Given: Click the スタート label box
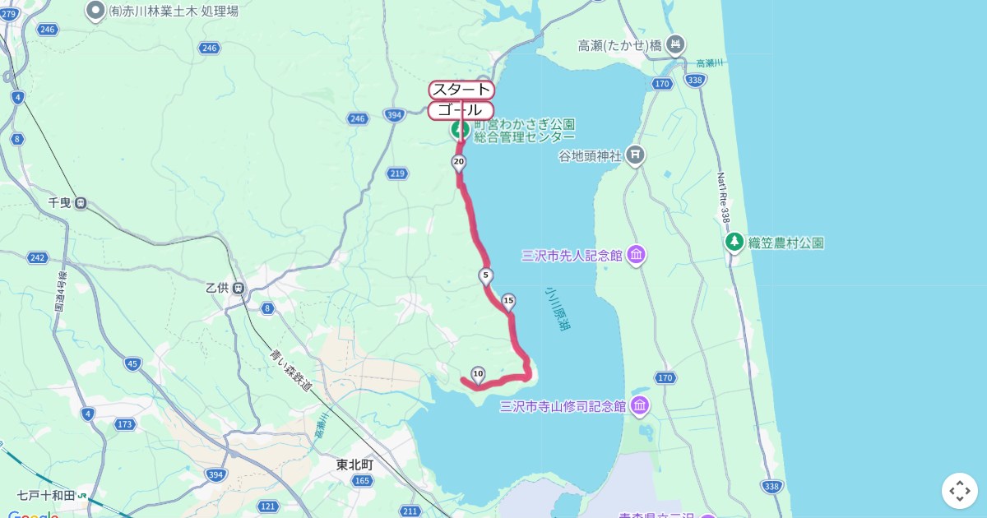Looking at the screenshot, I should [x=461, y=90].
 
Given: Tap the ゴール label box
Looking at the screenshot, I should [x=461, y=110].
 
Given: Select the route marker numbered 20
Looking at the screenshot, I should [x=459, y=162].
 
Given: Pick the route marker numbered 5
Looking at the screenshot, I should [x=486, y=275].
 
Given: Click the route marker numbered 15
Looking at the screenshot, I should [x=508, y=301].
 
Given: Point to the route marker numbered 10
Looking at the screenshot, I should [x=478, y=373].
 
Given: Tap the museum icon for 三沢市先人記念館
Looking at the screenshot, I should [x=636, y=256].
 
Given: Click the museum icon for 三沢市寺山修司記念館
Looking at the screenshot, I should [x=640, y=406].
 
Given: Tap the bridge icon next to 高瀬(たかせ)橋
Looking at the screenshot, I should [x=676, y=45].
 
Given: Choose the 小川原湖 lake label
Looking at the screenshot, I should [x=558, y=310].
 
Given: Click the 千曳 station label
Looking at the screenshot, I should [x=62, y=203].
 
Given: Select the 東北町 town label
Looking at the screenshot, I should [x=354, y=465].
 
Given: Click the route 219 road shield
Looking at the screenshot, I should [x=397, y=173].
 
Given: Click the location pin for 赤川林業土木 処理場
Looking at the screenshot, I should [x=95, y=11].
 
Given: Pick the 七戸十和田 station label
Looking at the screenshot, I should [x=45, y=496].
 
